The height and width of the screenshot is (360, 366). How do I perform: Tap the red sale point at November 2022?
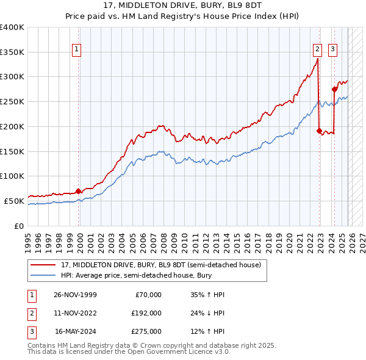(x=320, y=130)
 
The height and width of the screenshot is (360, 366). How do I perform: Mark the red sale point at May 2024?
(x=334, y=89)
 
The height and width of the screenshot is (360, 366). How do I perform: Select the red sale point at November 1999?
(x=79, y=190)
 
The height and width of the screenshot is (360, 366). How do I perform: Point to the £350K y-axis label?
(x=12, y=52)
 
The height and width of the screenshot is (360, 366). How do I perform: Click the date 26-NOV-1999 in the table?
(x=75, y=295)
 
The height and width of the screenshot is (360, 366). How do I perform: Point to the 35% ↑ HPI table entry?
(x=207, y=295)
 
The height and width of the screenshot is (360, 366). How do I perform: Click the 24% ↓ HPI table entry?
(x=207, y=313)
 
